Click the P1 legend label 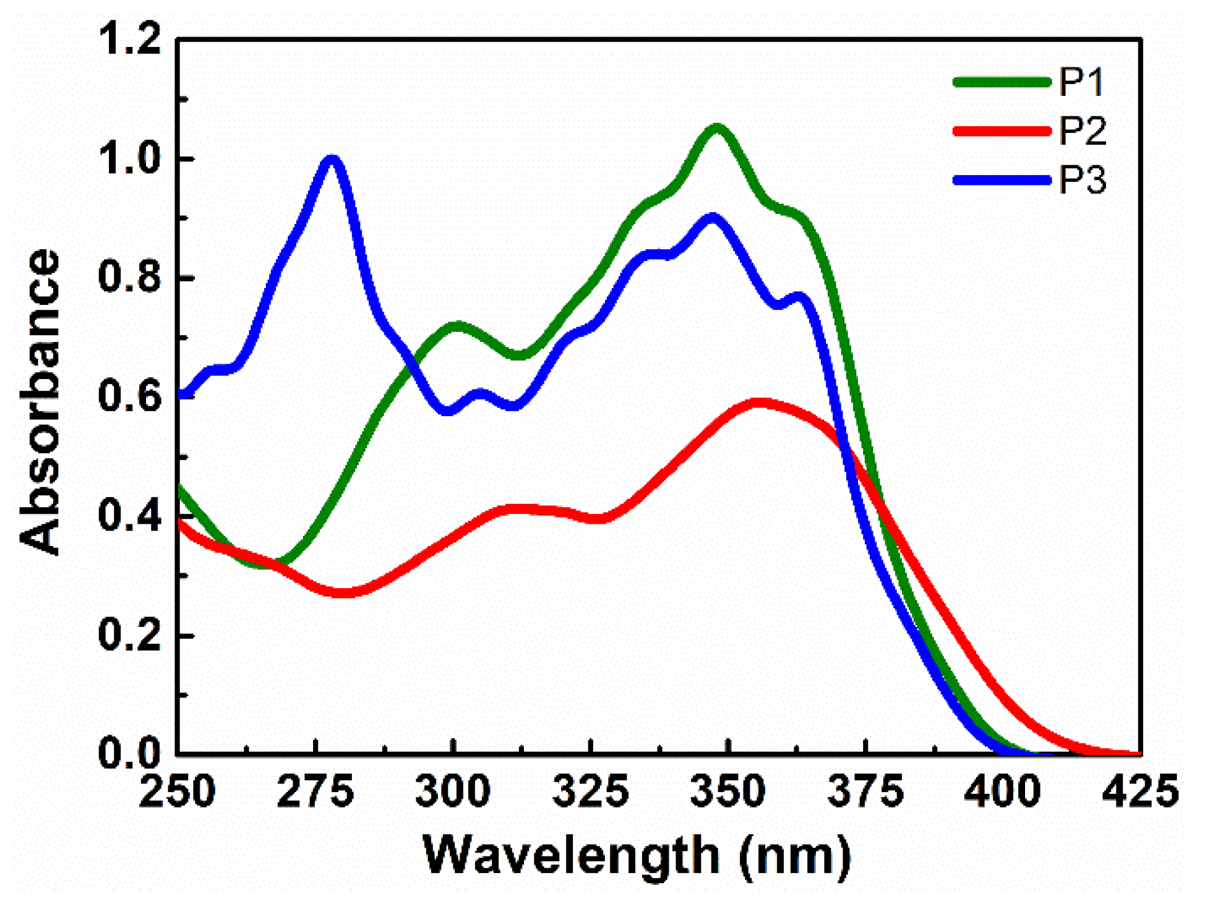tap(1081, 82)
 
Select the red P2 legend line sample tap(1002, 131)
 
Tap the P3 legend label tap(1082, 181)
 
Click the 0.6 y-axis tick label tap(130, 396)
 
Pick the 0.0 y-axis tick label tap(130, 753)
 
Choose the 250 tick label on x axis tap(178, 792)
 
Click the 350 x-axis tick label tap(728, 792)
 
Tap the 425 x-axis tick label tap(1140, 792)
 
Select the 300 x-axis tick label tap(453, 792)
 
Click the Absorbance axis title tap(40, 402)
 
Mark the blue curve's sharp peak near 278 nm tap(333, 160)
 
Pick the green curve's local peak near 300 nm tap(456, 325)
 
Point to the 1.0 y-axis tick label tap(130, 159)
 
